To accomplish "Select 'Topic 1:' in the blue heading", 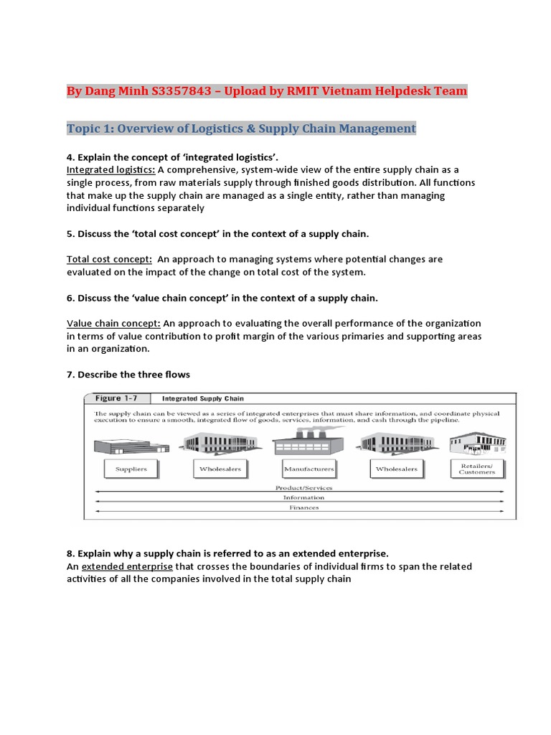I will pyautogui.click(x=90, y=128).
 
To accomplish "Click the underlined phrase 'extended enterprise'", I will pyautogui.click(x=127, y=566).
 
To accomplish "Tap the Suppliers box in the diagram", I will pyautogui.click(x=131, y=469).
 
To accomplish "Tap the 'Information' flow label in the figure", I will pyautogui.click(x=303, y=497).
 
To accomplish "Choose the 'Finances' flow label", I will pyautogui.click(x=303, y=507).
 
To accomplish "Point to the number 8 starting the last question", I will pyautogui.click(x=70, y=553).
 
